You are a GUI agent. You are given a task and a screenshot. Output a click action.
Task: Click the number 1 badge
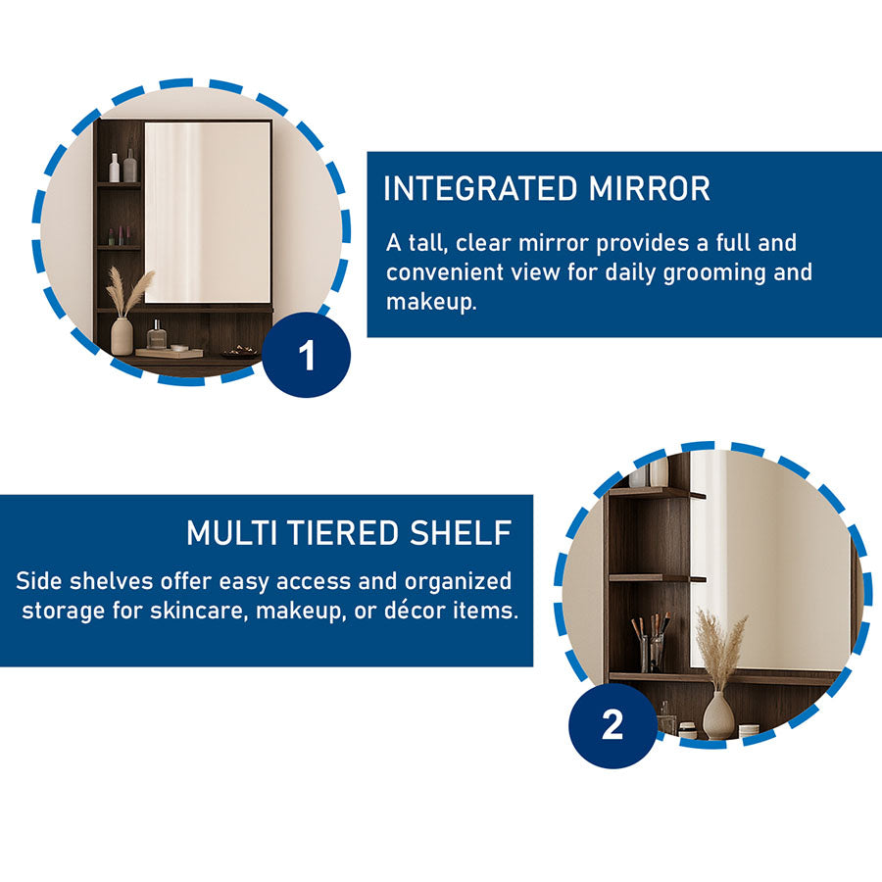[307, 355]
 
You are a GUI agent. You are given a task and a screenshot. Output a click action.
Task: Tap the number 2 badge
[612, 724]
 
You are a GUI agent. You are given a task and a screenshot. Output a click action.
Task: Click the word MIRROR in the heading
[650, 188]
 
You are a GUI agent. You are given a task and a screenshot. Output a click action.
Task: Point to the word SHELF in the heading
[461, 533]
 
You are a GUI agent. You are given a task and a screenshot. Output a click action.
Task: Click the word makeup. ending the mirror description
[431, 302]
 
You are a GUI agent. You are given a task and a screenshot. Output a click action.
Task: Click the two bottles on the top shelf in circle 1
[122, 166]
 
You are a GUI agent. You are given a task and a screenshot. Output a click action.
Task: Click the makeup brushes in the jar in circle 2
[651, 641]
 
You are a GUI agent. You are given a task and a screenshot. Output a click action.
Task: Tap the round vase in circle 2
[718, 715]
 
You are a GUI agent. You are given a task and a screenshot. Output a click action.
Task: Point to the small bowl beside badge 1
[240, 352]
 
